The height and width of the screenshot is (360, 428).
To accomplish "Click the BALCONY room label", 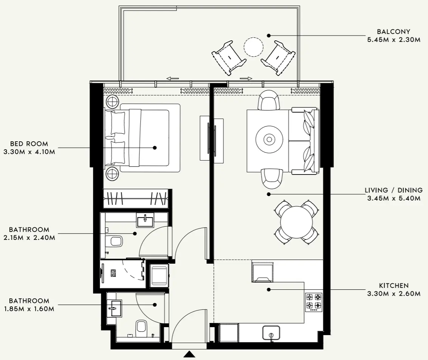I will (x=393, y=32).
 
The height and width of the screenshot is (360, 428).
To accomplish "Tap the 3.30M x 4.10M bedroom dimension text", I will (x=29, y=152).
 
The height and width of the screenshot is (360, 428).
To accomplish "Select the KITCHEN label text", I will (x=394, y=286).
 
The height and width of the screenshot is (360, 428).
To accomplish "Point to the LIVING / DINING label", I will (x=393, y=190).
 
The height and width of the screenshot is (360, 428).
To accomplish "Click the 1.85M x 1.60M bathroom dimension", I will (x=29, y=309).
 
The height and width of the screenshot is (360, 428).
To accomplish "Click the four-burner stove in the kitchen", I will (x=314, y=302).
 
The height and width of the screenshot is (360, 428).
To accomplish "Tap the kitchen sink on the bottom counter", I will (x=271, y=333).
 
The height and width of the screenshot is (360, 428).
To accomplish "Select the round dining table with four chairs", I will (x=296, y=222).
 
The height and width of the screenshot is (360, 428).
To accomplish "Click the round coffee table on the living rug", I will (x=269, y=139).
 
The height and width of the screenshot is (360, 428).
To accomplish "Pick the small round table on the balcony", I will (x=253, y=47).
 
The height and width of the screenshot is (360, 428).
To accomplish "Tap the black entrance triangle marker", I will (x=189, y=354).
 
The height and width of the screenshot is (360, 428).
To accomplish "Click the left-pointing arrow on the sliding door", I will (x=172, y=79).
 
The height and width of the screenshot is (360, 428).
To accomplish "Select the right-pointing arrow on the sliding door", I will (x=246, y=79).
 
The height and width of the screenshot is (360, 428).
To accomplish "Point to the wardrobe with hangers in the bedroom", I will (x=136, y=198).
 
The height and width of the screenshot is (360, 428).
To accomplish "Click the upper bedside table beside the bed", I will (x=112, y=101).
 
